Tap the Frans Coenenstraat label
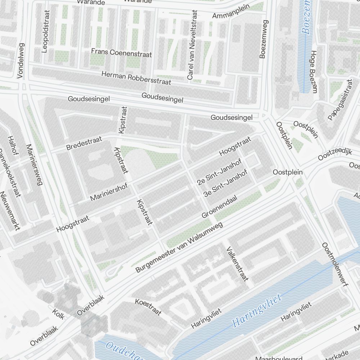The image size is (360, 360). (121, 53)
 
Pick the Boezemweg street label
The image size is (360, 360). (264, 39)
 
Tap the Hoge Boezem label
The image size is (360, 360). (312, 71)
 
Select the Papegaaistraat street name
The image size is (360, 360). (339, 100)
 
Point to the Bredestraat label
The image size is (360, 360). (84, 143)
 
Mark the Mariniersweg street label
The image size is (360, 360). (34, 165)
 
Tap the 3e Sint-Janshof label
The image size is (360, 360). (226, 183)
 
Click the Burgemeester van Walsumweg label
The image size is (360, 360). (179, 247)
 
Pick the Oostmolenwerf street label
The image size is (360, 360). (335, 264)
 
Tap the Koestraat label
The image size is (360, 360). (148, 306)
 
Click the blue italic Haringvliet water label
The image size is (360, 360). (256, 310)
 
